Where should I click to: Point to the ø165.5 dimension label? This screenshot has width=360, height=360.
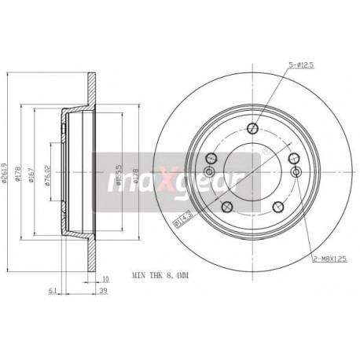[118, 157]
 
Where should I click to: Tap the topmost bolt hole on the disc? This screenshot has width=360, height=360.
[252, 130]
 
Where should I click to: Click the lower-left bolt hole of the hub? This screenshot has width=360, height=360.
[226, 186]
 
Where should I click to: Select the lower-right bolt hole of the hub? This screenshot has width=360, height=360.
[278, 186]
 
